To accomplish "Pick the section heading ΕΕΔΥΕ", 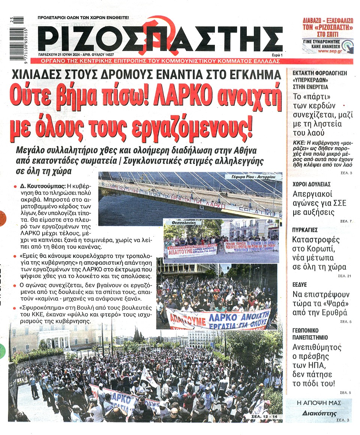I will pos(300,285).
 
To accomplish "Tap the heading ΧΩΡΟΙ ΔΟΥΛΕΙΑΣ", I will pos(311,184).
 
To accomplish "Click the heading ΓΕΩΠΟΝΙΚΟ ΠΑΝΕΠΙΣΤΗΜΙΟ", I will pos(310,334).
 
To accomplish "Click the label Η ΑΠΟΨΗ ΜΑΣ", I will pos(319,403).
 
